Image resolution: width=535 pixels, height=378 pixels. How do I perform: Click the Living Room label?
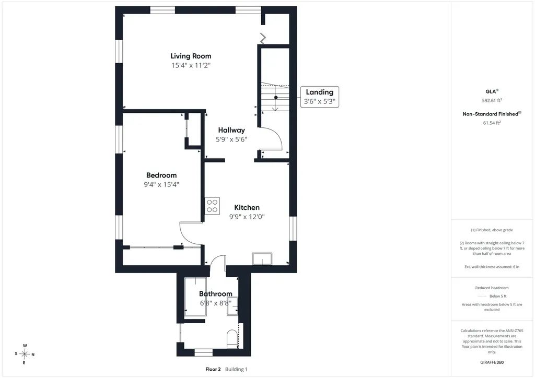click(191, 56)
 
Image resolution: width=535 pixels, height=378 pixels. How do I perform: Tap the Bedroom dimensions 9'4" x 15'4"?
click(161, 185)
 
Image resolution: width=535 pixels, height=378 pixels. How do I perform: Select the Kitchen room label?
click(247, 208)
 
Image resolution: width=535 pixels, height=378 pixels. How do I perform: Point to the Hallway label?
click(231, 130)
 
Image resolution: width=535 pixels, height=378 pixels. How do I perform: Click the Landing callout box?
click(320, 97)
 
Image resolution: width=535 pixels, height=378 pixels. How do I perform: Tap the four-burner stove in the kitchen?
click(212, 206)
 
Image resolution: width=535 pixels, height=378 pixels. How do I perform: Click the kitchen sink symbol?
click(262, 259)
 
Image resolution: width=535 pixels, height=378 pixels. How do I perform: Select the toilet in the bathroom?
click(232, 339)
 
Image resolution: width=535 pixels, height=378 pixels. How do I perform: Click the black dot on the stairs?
click(276, 98)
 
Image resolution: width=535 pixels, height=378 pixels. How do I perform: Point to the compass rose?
click(24, 354)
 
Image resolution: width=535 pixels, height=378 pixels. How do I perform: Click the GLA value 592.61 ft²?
click(492, 101)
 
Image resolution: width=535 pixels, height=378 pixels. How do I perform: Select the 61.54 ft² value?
click(492, 123)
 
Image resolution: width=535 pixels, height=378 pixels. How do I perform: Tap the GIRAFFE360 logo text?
click(492, 362)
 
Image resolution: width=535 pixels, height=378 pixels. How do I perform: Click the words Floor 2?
click(213, 369)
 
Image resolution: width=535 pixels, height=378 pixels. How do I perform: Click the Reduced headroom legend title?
click(492, 288)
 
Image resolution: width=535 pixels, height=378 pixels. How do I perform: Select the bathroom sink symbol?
click(232, 306)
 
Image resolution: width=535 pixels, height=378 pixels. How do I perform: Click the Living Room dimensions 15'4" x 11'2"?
click(191, 65)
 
